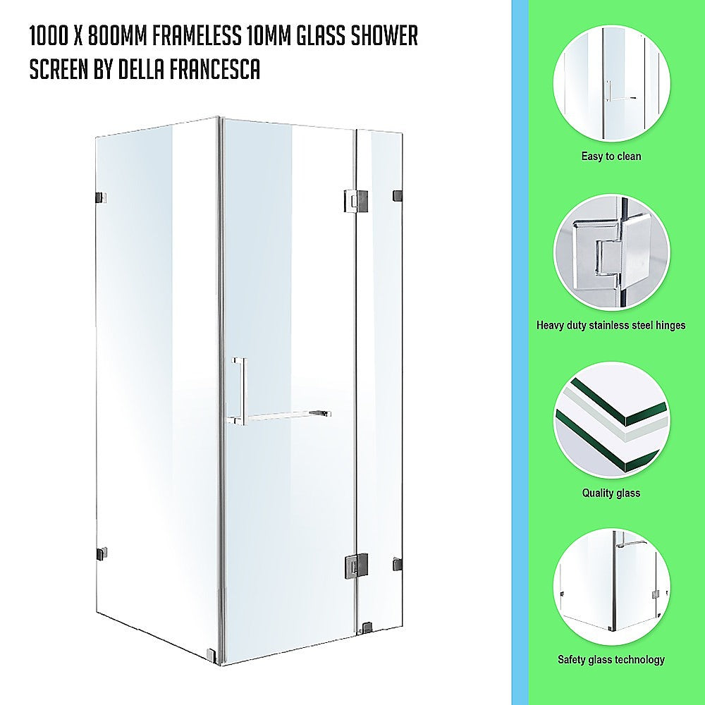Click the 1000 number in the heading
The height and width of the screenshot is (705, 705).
pyautogui.click(x=50, y=37)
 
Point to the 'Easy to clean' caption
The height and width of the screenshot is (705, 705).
pyautogui.click(x=611, y=157)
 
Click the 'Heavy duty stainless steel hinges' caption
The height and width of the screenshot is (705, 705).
pyautogui.click(x=611, y=326)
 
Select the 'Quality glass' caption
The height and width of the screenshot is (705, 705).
pyautogui.click(x=611, y=493)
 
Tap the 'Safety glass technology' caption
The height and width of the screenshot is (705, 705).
pyautogui.click(x=611, y=661)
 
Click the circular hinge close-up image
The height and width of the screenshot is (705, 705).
pyautogui.click(x=611, y=252)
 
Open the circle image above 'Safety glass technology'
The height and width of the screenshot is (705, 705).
pyautogui.click(x=611, y=587)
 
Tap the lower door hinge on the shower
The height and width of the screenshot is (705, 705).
pyautogui.click(x=356, y=565)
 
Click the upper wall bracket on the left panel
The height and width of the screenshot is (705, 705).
pyautogui.click(x=100, y=198)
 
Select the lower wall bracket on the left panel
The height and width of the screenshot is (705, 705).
pyautogui.click(x=100, y=553)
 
